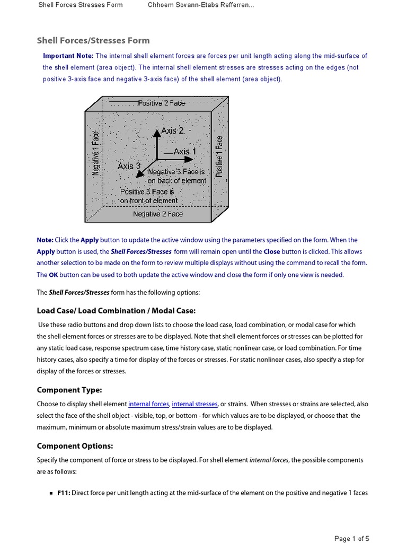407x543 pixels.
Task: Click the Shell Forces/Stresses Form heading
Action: [x=93, y=40]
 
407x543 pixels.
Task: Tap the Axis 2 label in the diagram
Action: [x=172, y=130]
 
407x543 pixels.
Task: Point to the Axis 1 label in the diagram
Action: [x=184, y=152]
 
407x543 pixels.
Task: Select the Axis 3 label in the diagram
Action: [x=129, y=166]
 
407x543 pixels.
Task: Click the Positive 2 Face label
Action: [x=162, y=103]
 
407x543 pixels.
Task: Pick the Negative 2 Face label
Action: [x=157, y=214]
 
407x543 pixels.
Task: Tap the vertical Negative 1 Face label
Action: [x=96, y=153]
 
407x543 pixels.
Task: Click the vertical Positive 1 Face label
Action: [x=219, y=156]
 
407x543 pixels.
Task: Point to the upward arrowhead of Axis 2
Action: [x=156, y=133]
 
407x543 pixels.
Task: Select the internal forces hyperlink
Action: [x=148, y=404]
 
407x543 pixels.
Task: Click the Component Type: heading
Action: [x=69, y=390]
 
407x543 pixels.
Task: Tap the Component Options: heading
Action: [x=75, y=446]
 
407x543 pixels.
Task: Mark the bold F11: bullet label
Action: [x=63, y=493]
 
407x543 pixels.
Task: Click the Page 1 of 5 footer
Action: [x=352, y=539]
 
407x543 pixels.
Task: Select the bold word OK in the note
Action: [x=53, y=275]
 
